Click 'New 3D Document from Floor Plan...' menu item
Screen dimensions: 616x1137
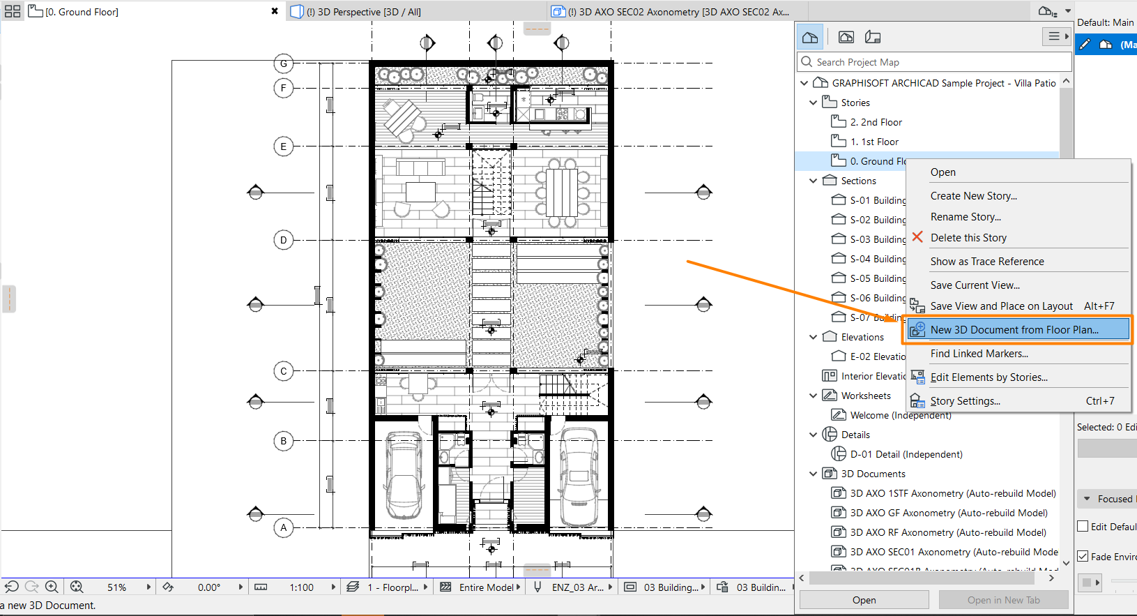point(1014,330)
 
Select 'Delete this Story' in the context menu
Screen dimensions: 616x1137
point(968,238)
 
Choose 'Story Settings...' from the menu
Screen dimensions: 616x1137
point(965,401)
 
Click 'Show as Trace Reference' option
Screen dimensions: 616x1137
point(986,262)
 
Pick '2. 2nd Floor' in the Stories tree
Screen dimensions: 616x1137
point(876,122)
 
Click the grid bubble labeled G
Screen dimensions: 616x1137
point(284,63)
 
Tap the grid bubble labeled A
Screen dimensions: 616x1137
point(284,527)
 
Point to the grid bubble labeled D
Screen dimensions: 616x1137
point(284,240)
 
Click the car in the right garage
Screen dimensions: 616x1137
point(579,476)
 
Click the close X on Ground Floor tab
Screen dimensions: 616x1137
point(275,11)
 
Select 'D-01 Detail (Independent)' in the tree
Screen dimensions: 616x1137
point(906,454)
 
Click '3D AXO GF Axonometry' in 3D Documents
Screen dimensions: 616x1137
point(948,513)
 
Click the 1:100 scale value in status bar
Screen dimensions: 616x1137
point(301,587)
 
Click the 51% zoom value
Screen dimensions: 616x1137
point(116,587)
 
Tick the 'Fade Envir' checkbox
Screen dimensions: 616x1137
point(1083,556)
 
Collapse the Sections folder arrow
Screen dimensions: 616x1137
point(813,181)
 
